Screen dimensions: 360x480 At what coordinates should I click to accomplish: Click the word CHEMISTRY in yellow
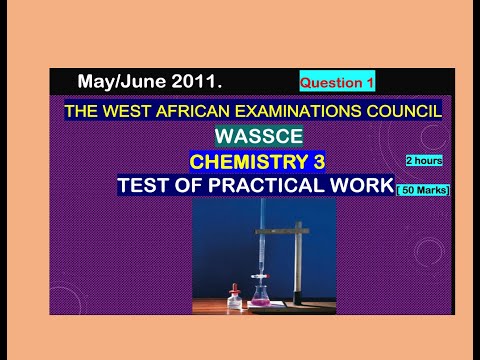click(x=248, y=161)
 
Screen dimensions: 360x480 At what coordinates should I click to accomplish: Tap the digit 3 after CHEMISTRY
click(x=318, y=161)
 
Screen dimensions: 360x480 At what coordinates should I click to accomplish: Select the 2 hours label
click(x=424, y=160)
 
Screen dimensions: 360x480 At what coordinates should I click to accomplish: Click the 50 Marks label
click(x=423, y=190)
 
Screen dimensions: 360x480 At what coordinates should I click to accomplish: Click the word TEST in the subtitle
click(x=144, y=186)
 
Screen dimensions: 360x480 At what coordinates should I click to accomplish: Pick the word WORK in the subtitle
click(x=356, y=186)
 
